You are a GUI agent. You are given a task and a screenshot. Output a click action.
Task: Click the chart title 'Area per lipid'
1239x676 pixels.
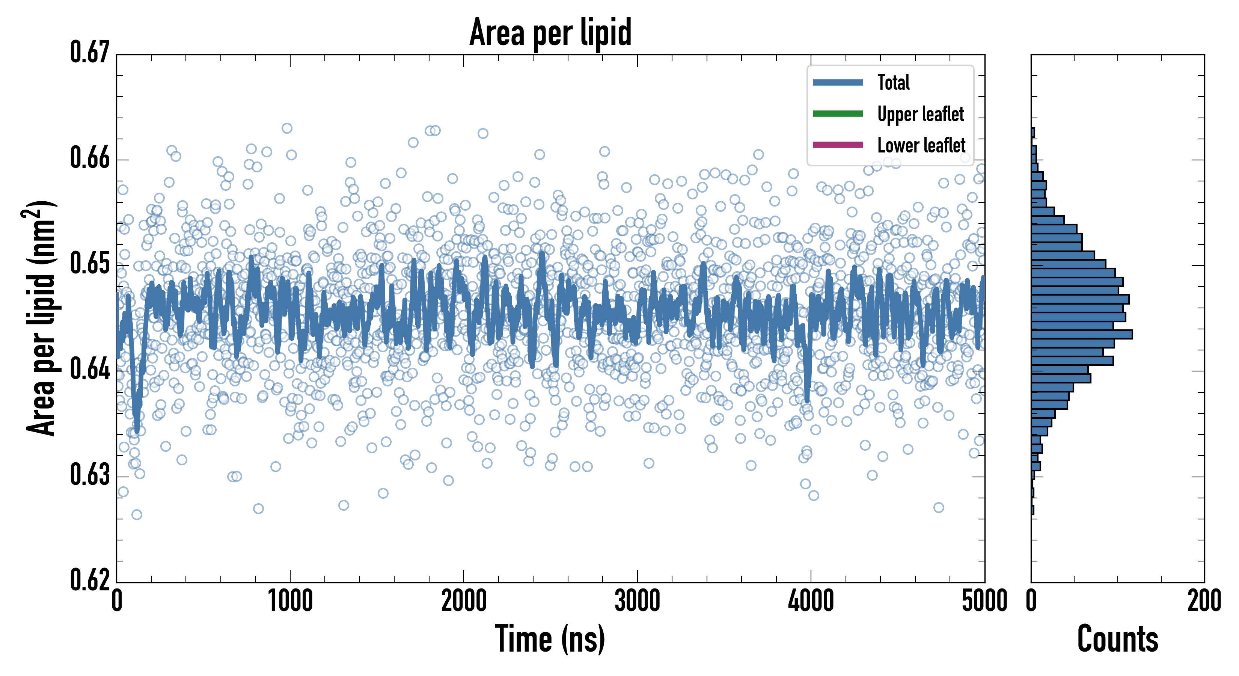tap(550, 32)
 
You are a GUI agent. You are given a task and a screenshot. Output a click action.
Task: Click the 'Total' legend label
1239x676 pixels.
tap(893, 82)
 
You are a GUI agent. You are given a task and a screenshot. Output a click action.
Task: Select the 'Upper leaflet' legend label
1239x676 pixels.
tap(920, 114)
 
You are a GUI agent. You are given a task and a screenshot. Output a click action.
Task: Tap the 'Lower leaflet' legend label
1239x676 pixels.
tap(921, 145)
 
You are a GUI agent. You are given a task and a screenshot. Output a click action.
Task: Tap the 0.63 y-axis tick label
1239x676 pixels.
tap(90, 475)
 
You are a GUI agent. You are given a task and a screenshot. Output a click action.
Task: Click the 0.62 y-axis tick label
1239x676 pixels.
tap(90, 580)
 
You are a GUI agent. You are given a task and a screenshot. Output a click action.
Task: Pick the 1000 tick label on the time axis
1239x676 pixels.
tap(290, 601)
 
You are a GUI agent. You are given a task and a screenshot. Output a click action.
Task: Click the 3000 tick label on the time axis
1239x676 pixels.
tap(637, 601)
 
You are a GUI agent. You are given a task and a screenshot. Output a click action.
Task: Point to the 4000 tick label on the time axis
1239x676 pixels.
tap(811, 601)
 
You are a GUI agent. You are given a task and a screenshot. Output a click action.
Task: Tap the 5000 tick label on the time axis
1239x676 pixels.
tap(984, 601)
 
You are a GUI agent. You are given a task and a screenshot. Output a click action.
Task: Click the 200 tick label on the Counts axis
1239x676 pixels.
tap(1204, 601)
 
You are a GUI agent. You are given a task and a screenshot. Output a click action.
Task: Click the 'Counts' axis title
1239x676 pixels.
tap(1117, 639)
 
